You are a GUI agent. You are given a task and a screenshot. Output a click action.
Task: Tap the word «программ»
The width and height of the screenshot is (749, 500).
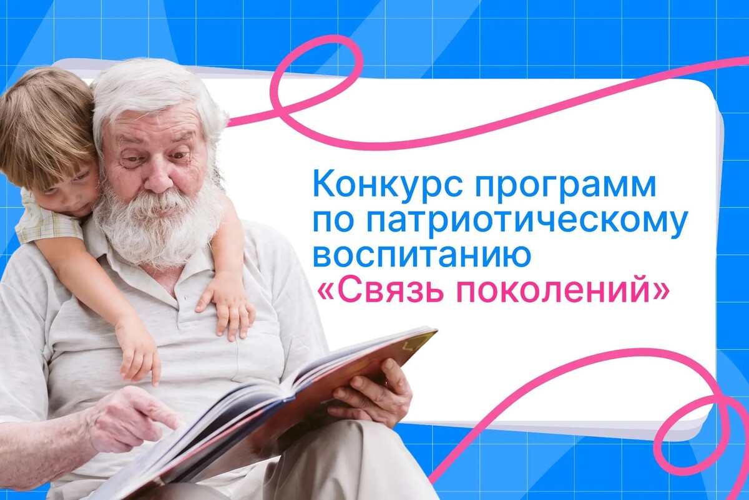[565, 188]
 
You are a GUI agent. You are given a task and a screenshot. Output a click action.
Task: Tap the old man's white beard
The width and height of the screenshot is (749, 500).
[157, 227]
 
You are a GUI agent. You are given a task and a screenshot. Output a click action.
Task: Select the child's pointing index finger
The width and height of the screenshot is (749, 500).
[155, 373]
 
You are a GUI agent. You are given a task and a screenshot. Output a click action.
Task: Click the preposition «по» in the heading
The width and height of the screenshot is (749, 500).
[333, 223]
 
